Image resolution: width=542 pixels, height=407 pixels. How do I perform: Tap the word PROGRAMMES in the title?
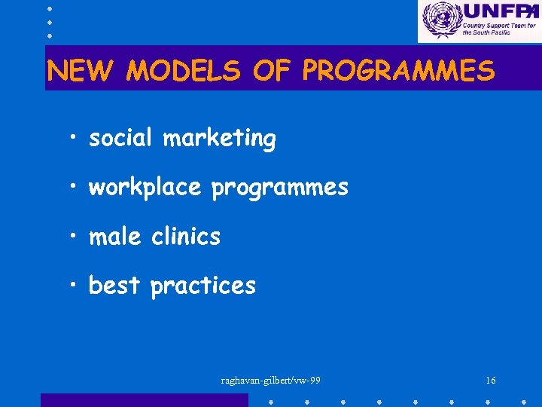(x=398, y=72)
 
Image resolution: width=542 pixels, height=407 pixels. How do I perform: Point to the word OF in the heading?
(x=272, y=72)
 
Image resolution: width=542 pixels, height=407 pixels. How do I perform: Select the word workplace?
(x=145, y=188)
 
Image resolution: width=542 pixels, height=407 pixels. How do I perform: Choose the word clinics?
(x=186, y=237)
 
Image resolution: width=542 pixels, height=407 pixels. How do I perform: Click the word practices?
(x=203, y=286)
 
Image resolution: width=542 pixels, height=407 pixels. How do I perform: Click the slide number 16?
(x=490, y=381)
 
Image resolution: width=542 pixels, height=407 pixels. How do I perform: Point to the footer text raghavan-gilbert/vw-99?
(x=271, y=381)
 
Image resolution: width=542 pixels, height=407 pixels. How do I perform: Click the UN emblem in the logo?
(x=440, y=20)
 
